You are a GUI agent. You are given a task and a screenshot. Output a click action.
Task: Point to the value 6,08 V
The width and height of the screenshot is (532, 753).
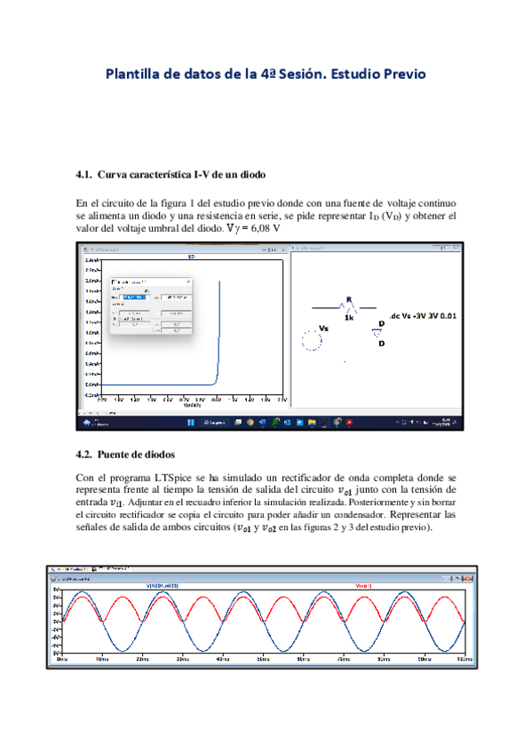[x=265, y=228]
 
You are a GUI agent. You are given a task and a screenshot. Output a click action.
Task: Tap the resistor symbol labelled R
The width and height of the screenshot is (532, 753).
[x=349, y=306]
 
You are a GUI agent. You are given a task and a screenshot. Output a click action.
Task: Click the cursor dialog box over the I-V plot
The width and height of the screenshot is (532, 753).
[x=150, y=305]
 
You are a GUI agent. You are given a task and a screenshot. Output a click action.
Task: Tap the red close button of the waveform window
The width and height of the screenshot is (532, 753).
[x=470, y=577]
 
